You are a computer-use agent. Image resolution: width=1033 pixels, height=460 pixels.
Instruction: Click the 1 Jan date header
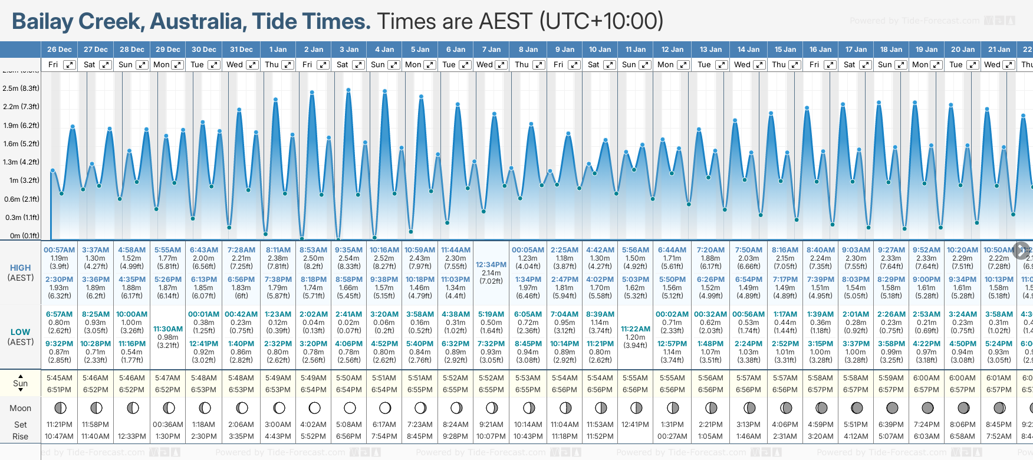click(x=278, y=50)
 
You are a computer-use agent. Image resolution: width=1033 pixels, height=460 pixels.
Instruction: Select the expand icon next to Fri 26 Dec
click(x=70, y=65)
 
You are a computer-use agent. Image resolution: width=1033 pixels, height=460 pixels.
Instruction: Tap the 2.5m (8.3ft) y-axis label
click(x=21, y=88)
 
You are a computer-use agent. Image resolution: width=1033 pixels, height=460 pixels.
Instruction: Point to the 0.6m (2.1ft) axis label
click(x=21, y=199)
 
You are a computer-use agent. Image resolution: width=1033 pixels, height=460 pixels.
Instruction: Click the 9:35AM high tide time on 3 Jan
click(x=349, y=250)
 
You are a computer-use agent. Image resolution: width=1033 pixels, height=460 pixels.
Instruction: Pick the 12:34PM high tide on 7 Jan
click(x=491, y=265)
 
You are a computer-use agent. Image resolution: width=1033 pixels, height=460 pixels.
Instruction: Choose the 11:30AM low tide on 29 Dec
click(x=168, y=329)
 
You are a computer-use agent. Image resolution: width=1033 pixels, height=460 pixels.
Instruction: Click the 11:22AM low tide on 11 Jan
click(x=636, y=329)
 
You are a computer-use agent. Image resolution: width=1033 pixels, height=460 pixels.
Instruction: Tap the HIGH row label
click(x=21, y=268)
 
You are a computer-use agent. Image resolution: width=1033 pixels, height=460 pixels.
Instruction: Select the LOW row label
click(x=21, y=332)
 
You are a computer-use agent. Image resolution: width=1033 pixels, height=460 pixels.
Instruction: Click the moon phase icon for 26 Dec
click(x=60, y=408)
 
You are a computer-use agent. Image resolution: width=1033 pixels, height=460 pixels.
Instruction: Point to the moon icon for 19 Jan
click(x=927, y=408)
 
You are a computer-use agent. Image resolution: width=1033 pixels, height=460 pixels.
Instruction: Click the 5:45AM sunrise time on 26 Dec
click(x=60, y=378)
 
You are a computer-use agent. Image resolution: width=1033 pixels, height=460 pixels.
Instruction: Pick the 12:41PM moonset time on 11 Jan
click(x=636, y=425)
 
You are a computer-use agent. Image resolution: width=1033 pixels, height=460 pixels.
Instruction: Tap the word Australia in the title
click(x=198, y=22)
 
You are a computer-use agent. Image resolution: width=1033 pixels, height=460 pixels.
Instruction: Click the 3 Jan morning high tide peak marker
click(x=348, y=90)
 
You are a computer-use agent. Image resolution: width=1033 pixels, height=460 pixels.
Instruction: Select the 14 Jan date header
click(x=748, y=50)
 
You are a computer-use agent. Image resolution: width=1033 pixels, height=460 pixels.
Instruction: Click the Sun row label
click(x=21, y=383)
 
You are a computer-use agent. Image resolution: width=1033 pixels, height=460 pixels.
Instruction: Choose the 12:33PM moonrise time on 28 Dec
click(x=132, y=436)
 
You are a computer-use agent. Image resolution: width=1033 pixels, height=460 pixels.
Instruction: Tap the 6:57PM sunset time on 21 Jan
click(x=999, y=390)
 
